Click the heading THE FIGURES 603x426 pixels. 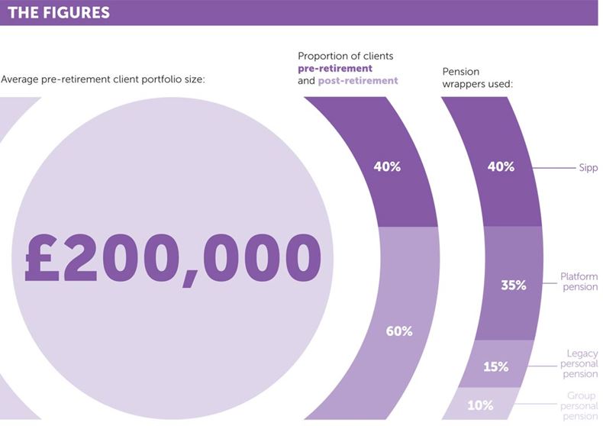click(58, 13)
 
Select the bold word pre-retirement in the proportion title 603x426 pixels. click(335, 68)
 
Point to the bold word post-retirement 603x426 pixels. click(358, 80)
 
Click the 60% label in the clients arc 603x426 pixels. click(398, 331)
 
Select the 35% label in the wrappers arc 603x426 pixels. click(513, 286)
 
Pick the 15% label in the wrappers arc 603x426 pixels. click(495, 366)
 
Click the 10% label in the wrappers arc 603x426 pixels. click(480, 405)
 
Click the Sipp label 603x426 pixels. click(588, 168)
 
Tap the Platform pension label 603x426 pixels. click(579, 282)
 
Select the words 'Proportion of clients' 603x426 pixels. click(345, 56)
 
